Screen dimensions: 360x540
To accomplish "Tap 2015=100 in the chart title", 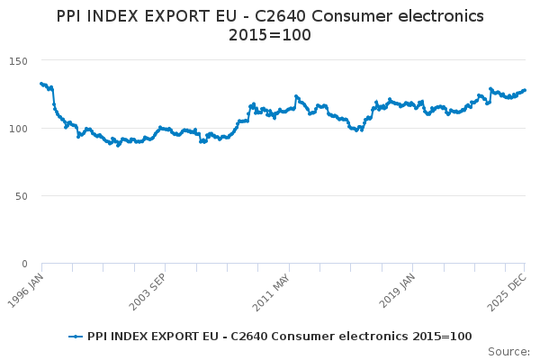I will pos(270,35).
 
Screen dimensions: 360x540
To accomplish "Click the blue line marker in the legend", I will pos(76,337).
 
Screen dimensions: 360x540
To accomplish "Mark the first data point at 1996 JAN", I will pos(41,84).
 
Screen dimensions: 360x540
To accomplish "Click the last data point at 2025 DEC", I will pos(525,90).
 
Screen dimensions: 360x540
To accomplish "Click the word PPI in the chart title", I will pos(71,16).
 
